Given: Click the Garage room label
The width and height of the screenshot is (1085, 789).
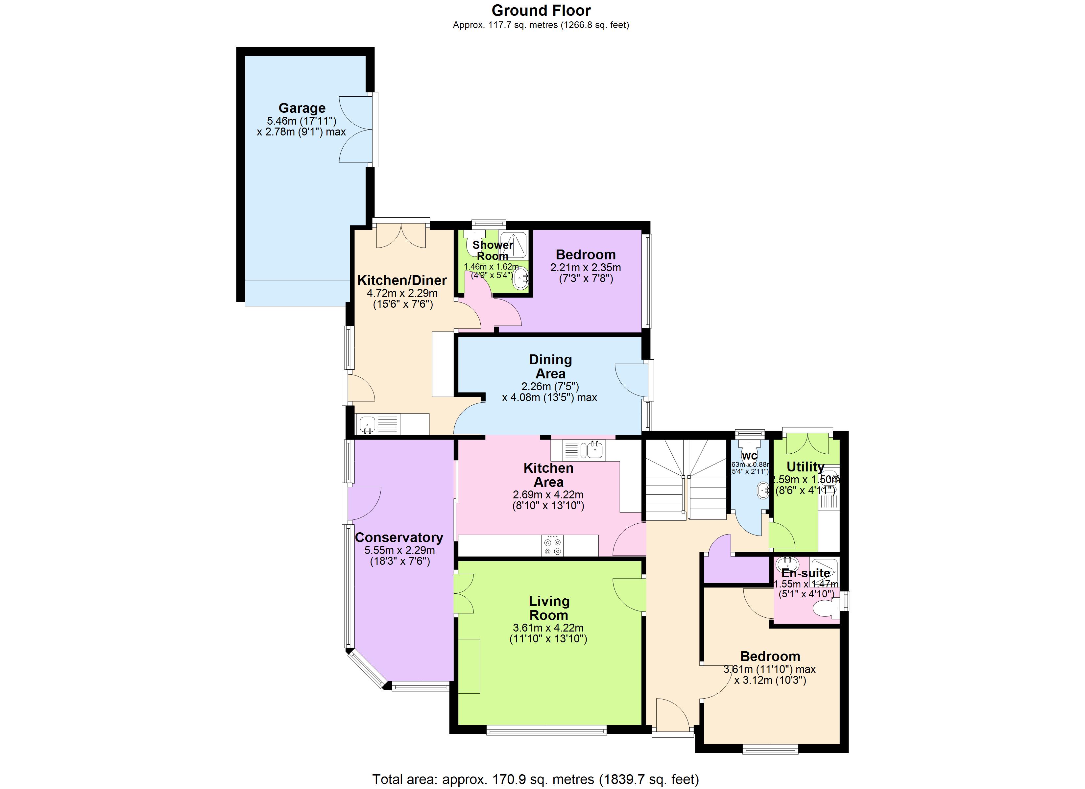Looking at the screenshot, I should pos(302,108).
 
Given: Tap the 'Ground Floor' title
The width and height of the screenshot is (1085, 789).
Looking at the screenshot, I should pos(541,11).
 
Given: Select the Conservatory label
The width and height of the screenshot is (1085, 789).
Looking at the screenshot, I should pos(398,538).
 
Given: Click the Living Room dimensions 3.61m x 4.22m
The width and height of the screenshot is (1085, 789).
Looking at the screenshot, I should pos(548,628).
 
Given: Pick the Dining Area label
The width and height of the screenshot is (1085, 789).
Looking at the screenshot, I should pos(550,367).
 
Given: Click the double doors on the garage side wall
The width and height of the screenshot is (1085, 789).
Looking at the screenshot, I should pos(356,130).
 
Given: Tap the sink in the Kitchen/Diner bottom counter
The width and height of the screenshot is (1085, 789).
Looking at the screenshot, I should pos(367,424).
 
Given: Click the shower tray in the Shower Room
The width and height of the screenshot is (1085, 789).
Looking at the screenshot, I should pos(514,244).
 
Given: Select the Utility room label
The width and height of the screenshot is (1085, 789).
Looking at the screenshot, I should pos(805,466).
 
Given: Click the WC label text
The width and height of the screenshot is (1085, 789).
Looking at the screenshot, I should pos(749,456).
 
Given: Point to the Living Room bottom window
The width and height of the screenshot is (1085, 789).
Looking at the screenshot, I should pos(546,730).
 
